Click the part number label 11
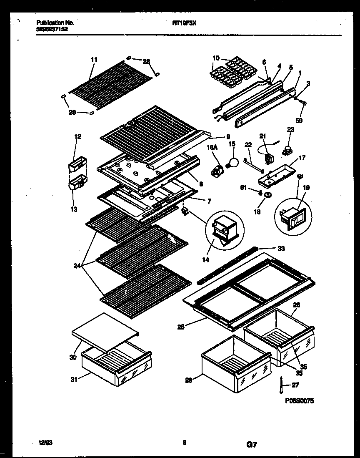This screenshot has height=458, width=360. click(x=94, y=60)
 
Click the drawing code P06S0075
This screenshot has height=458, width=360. click(x=299, y=400)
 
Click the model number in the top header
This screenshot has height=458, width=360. click(x=184, y=24)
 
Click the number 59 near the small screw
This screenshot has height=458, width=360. click(x=299, y=121)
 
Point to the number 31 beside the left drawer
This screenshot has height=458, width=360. click(x=73, y=379)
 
